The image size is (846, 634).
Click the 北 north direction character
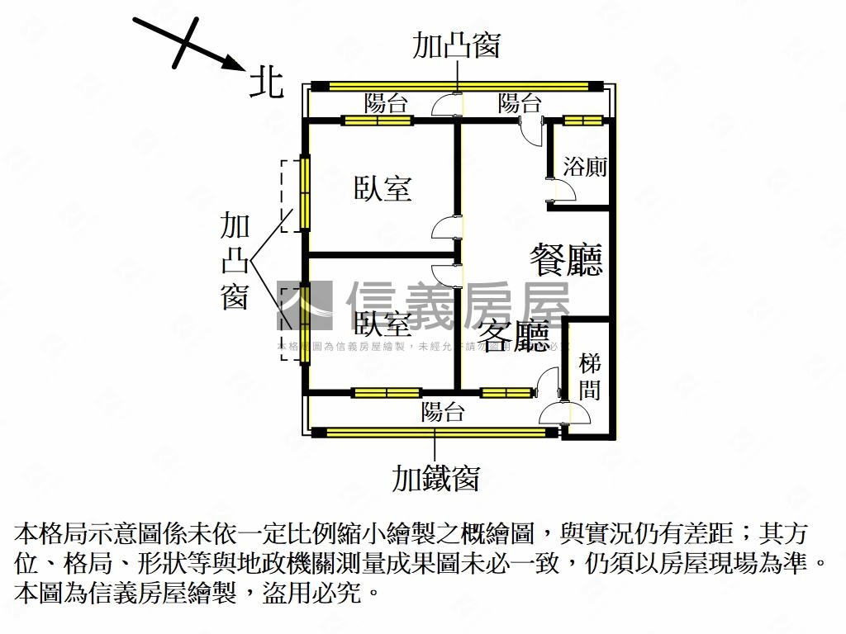tap(266, 83)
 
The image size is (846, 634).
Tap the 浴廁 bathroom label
tap(585, 167)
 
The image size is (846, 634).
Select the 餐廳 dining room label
tap(566, 259)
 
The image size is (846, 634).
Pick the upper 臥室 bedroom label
tap(383, 188)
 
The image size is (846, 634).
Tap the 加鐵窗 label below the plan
tap(435, 477)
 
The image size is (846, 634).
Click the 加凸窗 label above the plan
tap(457, 45)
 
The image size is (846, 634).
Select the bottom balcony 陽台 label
tap(443, 412)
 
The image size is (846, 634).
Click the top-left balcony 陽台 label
tap(386, 103)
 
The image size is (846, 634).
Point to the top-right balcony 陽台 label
tap(520, 103)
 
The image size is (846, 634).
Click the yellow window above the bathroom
tap(583, 121)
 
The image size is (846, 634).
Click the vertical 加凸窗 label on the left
tap(235, 260)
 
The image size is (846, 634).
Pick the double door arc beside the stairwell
tap(552, 396)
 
